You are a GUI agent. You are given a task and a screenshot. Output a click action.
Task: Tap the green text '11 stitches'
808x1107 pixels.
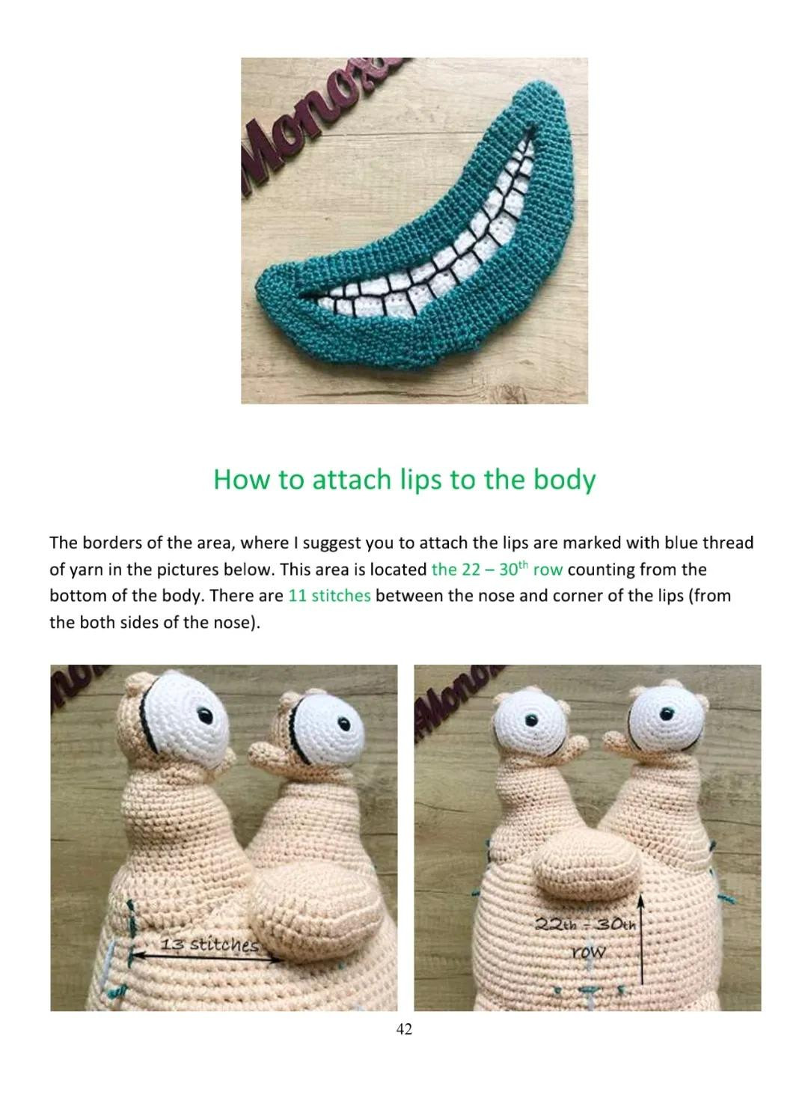click(x=329, y=596)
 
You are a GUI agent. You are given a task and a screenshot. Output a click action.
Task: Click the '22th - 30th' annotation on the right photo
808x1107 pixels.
click(x=586, y=924)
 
